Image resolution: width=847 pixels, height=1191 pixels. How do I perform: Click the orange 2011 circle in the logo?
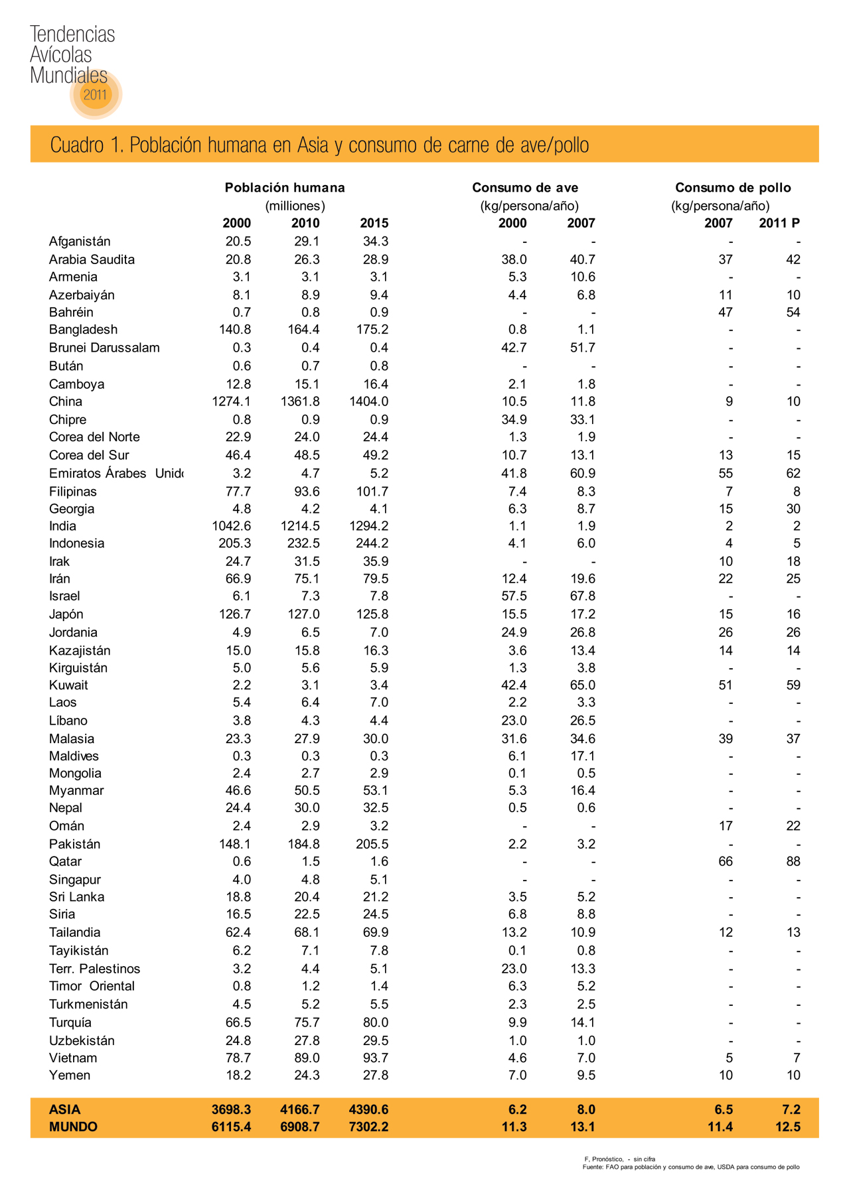[x=95, y=94]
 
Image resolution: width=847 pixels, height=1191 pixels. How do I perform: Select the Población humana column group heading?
[x=285, y=188]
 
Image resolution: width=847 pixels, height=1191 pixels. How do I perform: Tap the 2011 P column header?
[x=779, y=223]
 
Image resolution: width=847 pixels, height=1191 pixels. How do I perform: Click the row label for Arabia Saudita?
[x=92, y=259]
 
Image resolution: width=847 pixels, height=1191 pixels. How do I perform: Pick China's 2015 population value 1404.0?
[x=368, y=401]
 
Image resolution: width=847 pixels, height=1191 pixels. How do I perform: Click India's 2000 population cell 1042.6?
[x=231, y=526]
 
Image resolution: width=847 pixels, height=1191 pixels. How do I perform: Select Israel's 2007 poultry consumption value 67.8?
[x=581, y=596]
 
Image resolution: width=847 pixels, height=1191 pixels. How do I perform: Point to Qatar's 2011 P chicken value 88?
[x=793, y=861]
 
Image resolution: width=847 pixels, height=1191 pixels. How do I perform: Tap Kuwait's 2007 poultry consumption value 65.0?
[x=581, y=685]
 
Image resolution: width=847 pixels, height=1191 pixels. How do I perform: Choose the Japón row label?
[x=66, y=614]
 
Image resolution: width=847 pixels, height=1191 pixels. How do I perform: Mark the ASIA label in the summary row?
[x=65, y=1109]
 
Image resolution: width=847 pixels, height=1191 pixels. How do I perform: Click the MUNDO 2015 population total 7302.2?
[x=368, y=1127]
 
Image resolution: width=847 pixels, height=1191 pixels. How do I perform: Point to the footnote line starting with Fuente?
[x=690, y=1166]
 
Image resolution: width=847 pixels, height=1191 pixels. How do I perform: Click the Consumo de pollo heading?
[x=733, y=188]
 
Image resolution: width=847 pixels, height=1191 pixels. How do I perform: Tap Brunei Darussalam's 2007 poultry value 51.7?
[x=581, y=348]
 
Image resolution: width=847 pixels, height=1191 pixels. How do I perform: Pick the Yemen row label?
[x=70, y=1075]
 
